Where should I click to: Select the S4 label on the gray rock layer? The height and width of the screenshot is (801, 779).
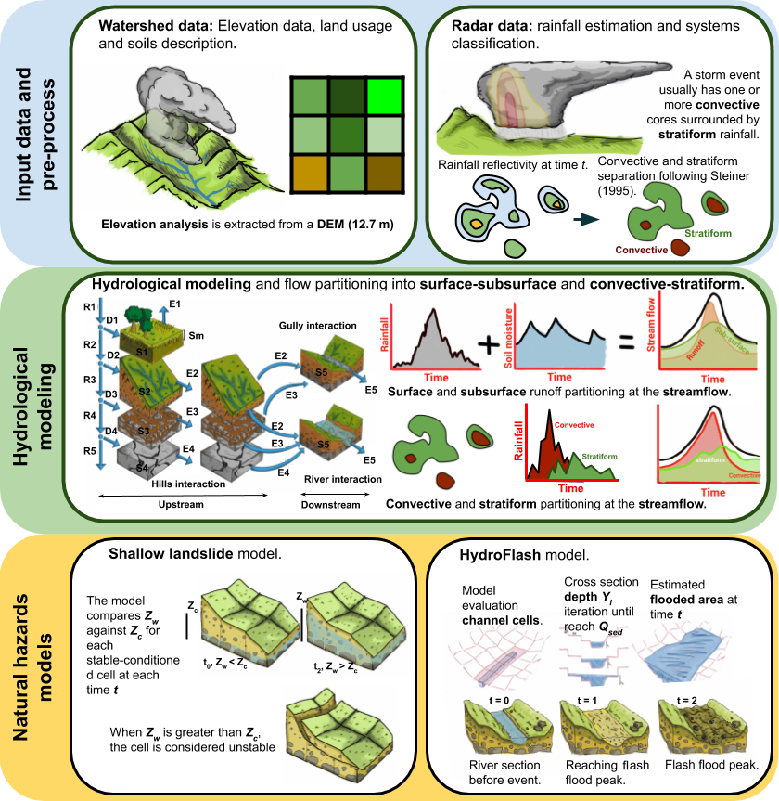tap(143, 468)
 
